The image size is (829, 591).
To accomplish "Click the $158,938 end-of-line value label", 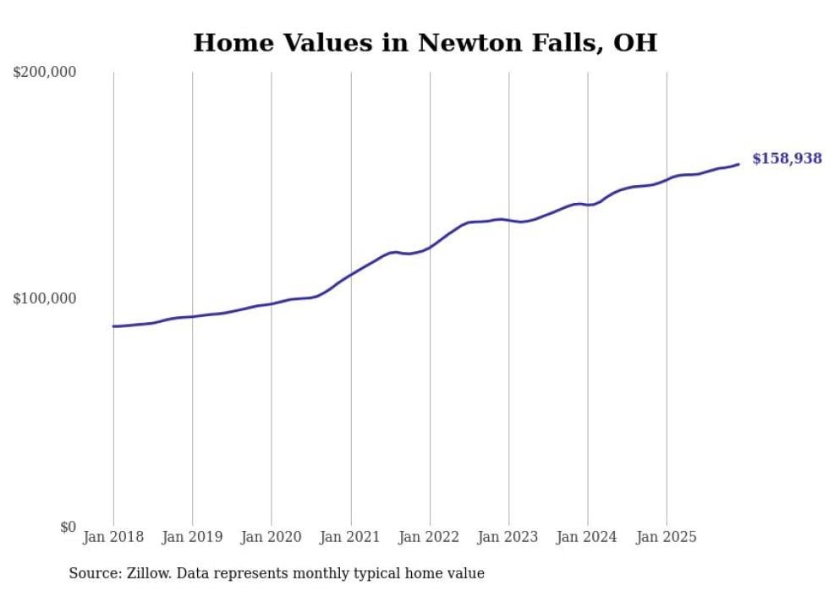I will pyautogui.click(x=786, y=158).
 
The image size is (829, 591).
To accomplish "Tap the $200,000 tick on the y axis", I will pyautogui.click(x=45, y=72).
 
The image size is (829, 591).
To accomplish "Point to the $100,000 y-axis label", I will pyautogui.click(x=45, y=298).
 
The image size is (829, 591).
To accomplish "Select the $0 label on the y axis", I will pyautogui.click(x=67, y=527).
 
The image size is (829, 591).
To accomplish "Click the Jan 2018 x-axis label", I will pyautogui.click(x=113, y=537).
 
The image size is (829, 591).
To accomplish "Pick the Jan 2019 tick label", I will pyautogui.click(x=192, y=537).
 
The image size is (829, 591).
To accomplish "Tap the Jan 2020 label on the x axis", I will pyautogui.click(x=272, y=537).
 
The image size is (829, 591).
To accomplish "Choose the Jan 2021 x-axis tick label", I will pyautogui.click(x=350, y=537).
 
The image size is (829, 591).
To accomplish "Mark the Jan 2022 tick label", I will pyautogui.click(x=430, y=537).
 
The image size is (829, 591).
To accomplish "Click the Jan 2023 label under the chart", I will pyautogui.click(x=508, y=537).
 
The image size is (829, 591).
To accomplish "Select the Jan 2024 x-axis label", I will pyautogui.click(x=587, y=537).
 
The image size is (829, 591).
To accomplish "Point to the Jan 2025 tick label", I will pyautogui.click(x=667, y=537).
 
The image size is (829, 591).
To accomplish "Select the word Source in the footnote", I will pyautogui.click(x=92, y=573).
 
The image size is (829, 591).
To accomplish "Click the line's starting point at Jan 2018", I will pyautogui.click(x=113, y=326).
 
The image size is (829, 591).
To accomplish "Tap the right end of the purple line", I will pyautogui.click(x=738, y=164).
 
